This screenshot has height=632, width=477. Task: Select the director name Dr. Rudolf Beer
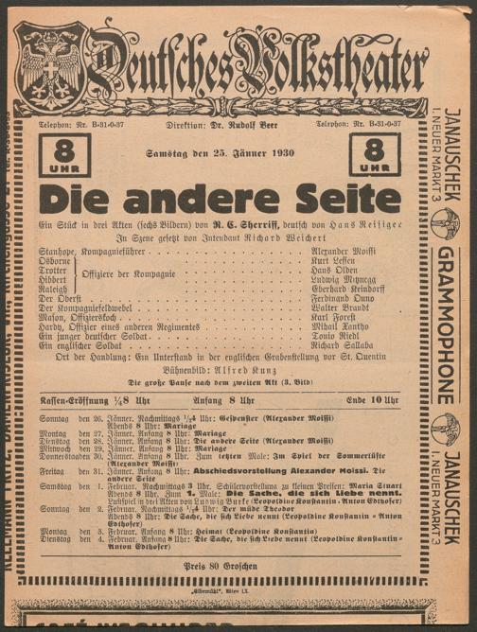[x=226, y=124]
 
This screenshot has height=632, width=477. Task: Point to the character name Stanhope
[x=60, y=250]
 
